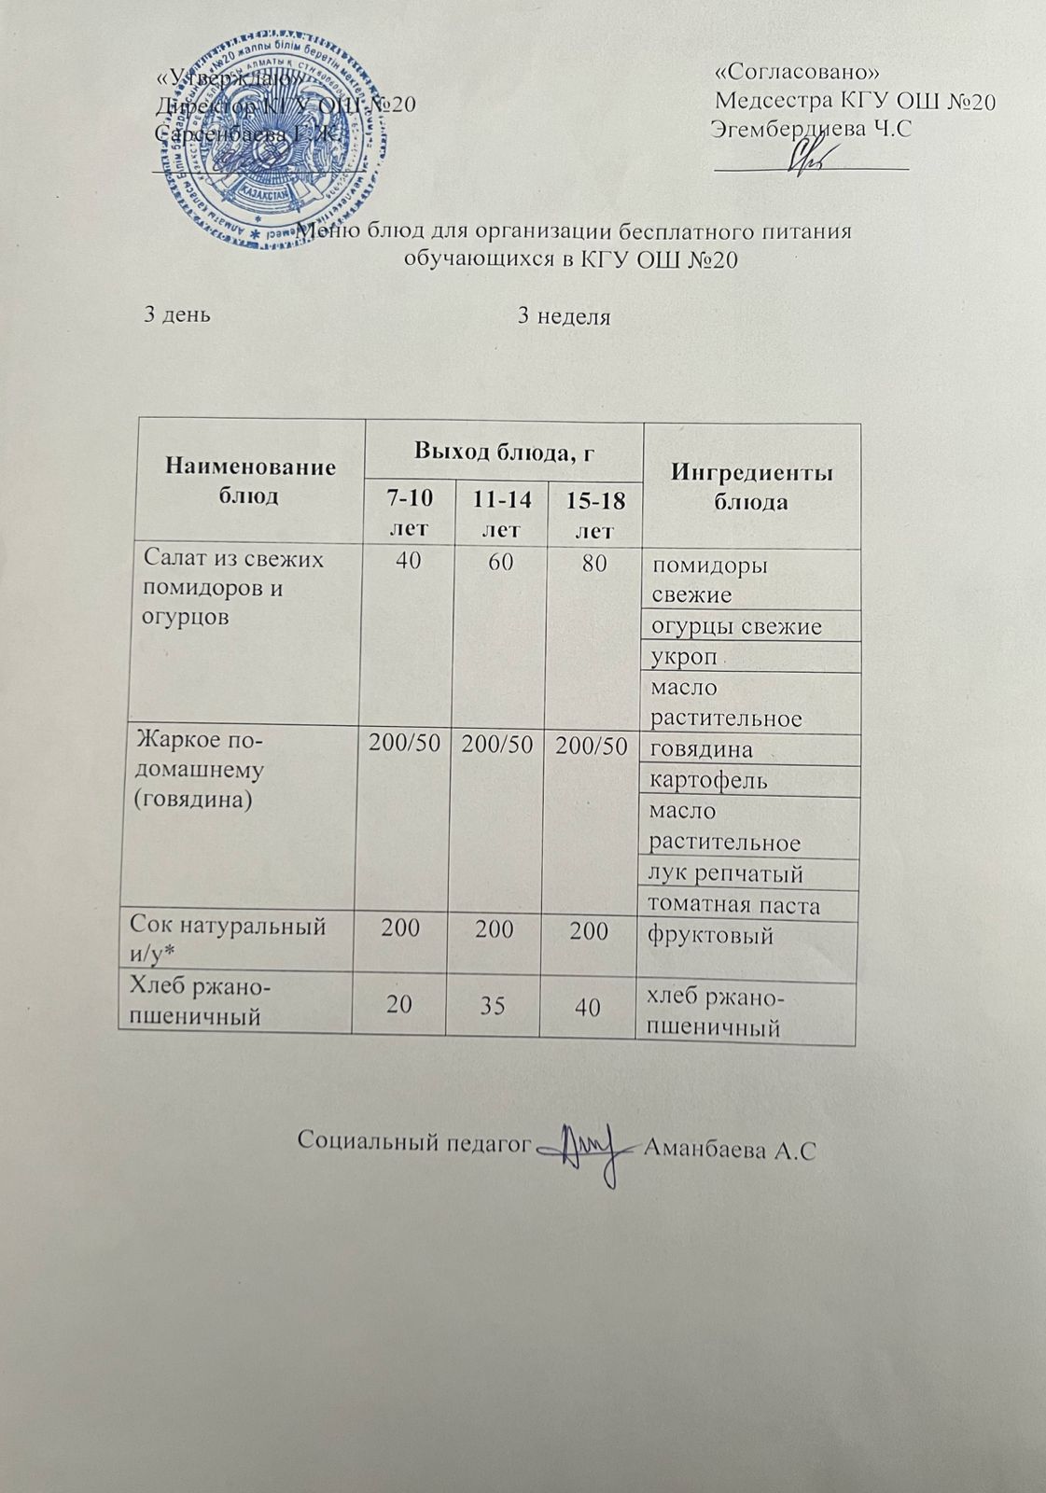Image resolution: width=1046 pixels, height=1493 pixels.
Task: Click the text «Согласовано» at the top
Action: point(798,72)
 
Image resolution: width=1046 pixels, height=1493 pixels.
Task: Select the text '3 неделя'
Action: point(564,316)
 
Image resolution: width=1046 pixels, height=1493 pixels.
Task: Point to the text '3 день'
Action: point(176,314)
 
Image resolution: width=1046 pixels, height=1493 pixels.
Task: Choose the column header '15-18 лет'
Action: point(595,515)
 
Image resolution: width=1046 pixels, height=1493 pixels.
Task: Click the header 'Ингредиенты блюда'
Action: point(751,486)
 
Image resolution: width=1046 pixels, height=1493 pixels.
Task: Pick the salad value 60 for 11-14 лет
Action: point(501,563)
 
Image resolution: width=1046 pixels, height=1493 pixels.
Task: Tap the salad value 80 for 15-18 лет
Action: point(593,564)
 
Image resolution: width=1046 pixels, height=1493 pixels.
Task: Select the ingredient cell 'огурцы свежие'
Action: point(736,626)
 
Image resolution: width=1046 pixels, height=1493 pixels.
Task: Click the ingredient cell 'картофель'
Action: point(708,780)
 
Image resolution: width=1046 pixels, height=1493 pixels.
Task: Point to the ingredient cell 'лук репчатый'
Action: point(726,874)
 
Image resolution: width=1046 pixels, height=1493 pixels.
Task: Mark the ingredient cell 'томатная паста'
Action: point(733,905)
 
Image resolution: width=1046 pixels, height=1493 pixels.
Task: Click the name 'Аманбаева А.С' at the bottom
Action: point(731,1150)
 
